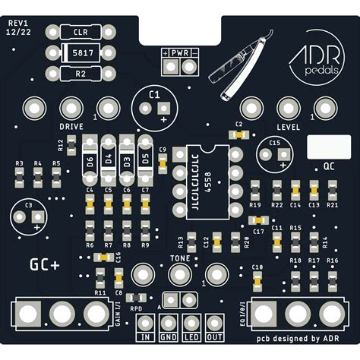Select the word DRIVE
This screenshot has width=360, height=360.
click(71, 126)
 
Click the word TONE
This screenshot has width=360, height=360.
click(180, 258)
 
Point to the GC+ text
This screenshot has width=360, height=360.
click(45, 264)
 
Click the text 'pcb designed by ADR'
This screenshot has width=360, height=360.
click(297, 339)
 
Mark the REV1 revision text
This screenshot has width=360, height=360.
click(18, 24)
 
